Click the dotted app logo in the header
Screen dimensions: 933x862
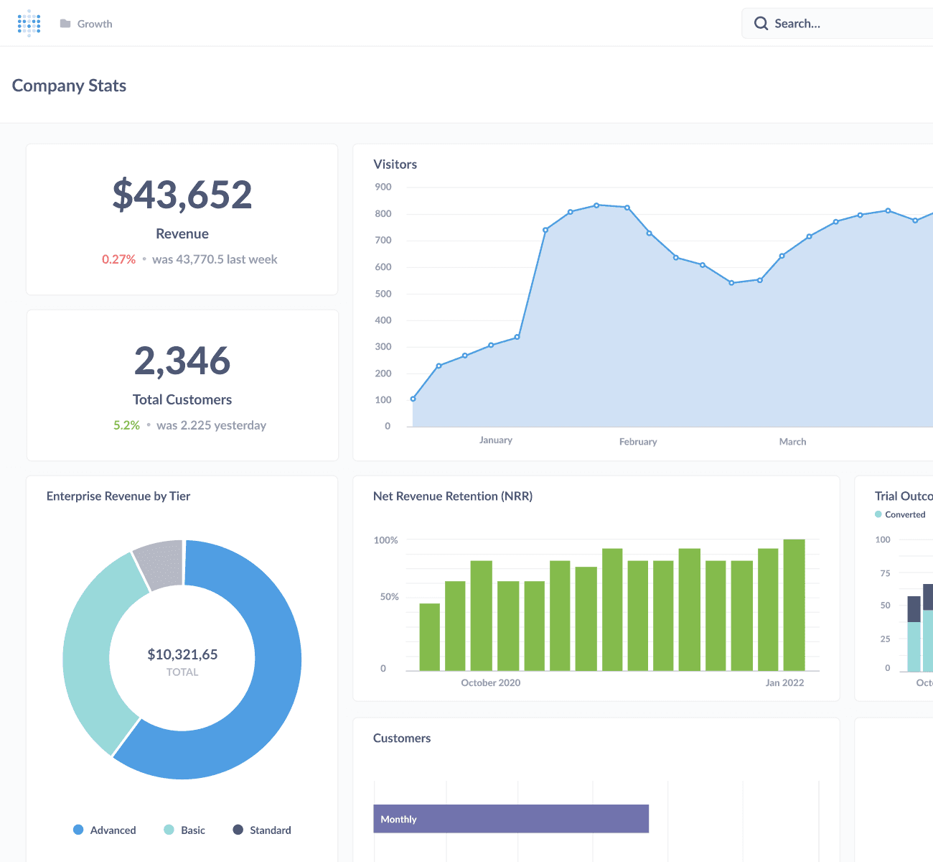click(x=29, y=23)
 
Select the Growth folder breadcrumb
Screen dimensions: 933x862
click(x=86, y=24)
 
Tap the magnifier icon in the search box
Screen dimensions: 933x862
click(x=761, y=24)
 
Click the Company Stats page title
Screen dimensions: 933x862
click(x=69, y=85)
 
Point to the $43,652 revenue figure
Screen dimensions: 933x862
click(x=182, y=194)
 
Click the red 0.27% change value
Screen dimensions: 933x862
click(x=118, y=259)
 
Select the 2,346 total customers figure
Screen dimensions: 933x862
click(x=182, y=361)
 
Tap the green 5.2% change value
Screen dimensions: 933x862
click(x=126, y=425)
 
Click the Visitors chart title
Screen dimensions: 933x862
click(x=395, y=164)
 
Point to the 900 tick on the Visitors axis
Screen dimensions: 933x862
click(x=383, y=187)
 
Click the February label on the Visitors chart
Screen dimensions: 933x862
click(x=638, y=442)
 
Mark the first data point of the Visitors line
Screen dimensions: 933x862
click(x=413, y=399)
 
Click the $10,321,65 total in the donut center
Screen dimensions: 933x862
click(x=182, y=654)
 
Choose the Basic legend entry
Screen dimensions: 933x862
click(x=184, y=830)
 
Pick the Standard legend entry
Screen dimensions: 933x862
click(x=262, y=830)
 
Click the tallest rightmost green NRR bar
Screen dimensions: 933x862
click(x=794, y=605)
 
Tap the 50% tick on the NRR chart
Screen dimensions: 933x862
click(x=389, y=597)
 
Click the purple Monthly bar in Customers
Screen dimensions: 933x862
click(x=511, y=819)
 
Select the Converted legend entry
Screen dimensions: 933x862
click(x=900, y=514)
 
